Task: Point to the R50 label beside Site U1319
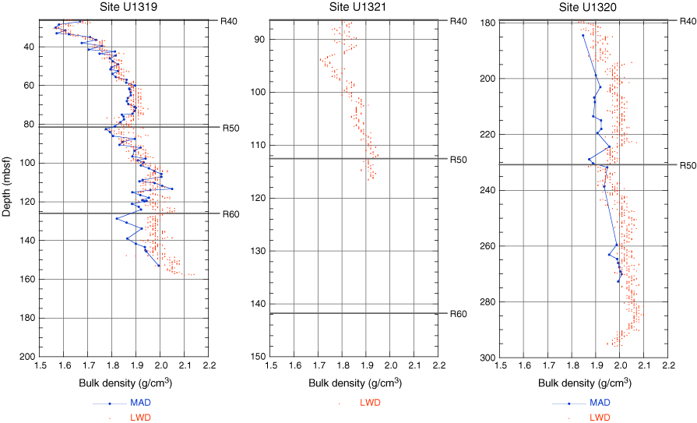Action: click(x=231, y=128)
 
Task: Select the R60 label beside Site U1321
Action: click(x=458, y=314)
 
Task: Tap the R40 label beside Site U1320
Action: click(x=687, y=21)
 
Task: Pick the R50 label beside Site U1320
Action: click(x=687, y=165)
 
